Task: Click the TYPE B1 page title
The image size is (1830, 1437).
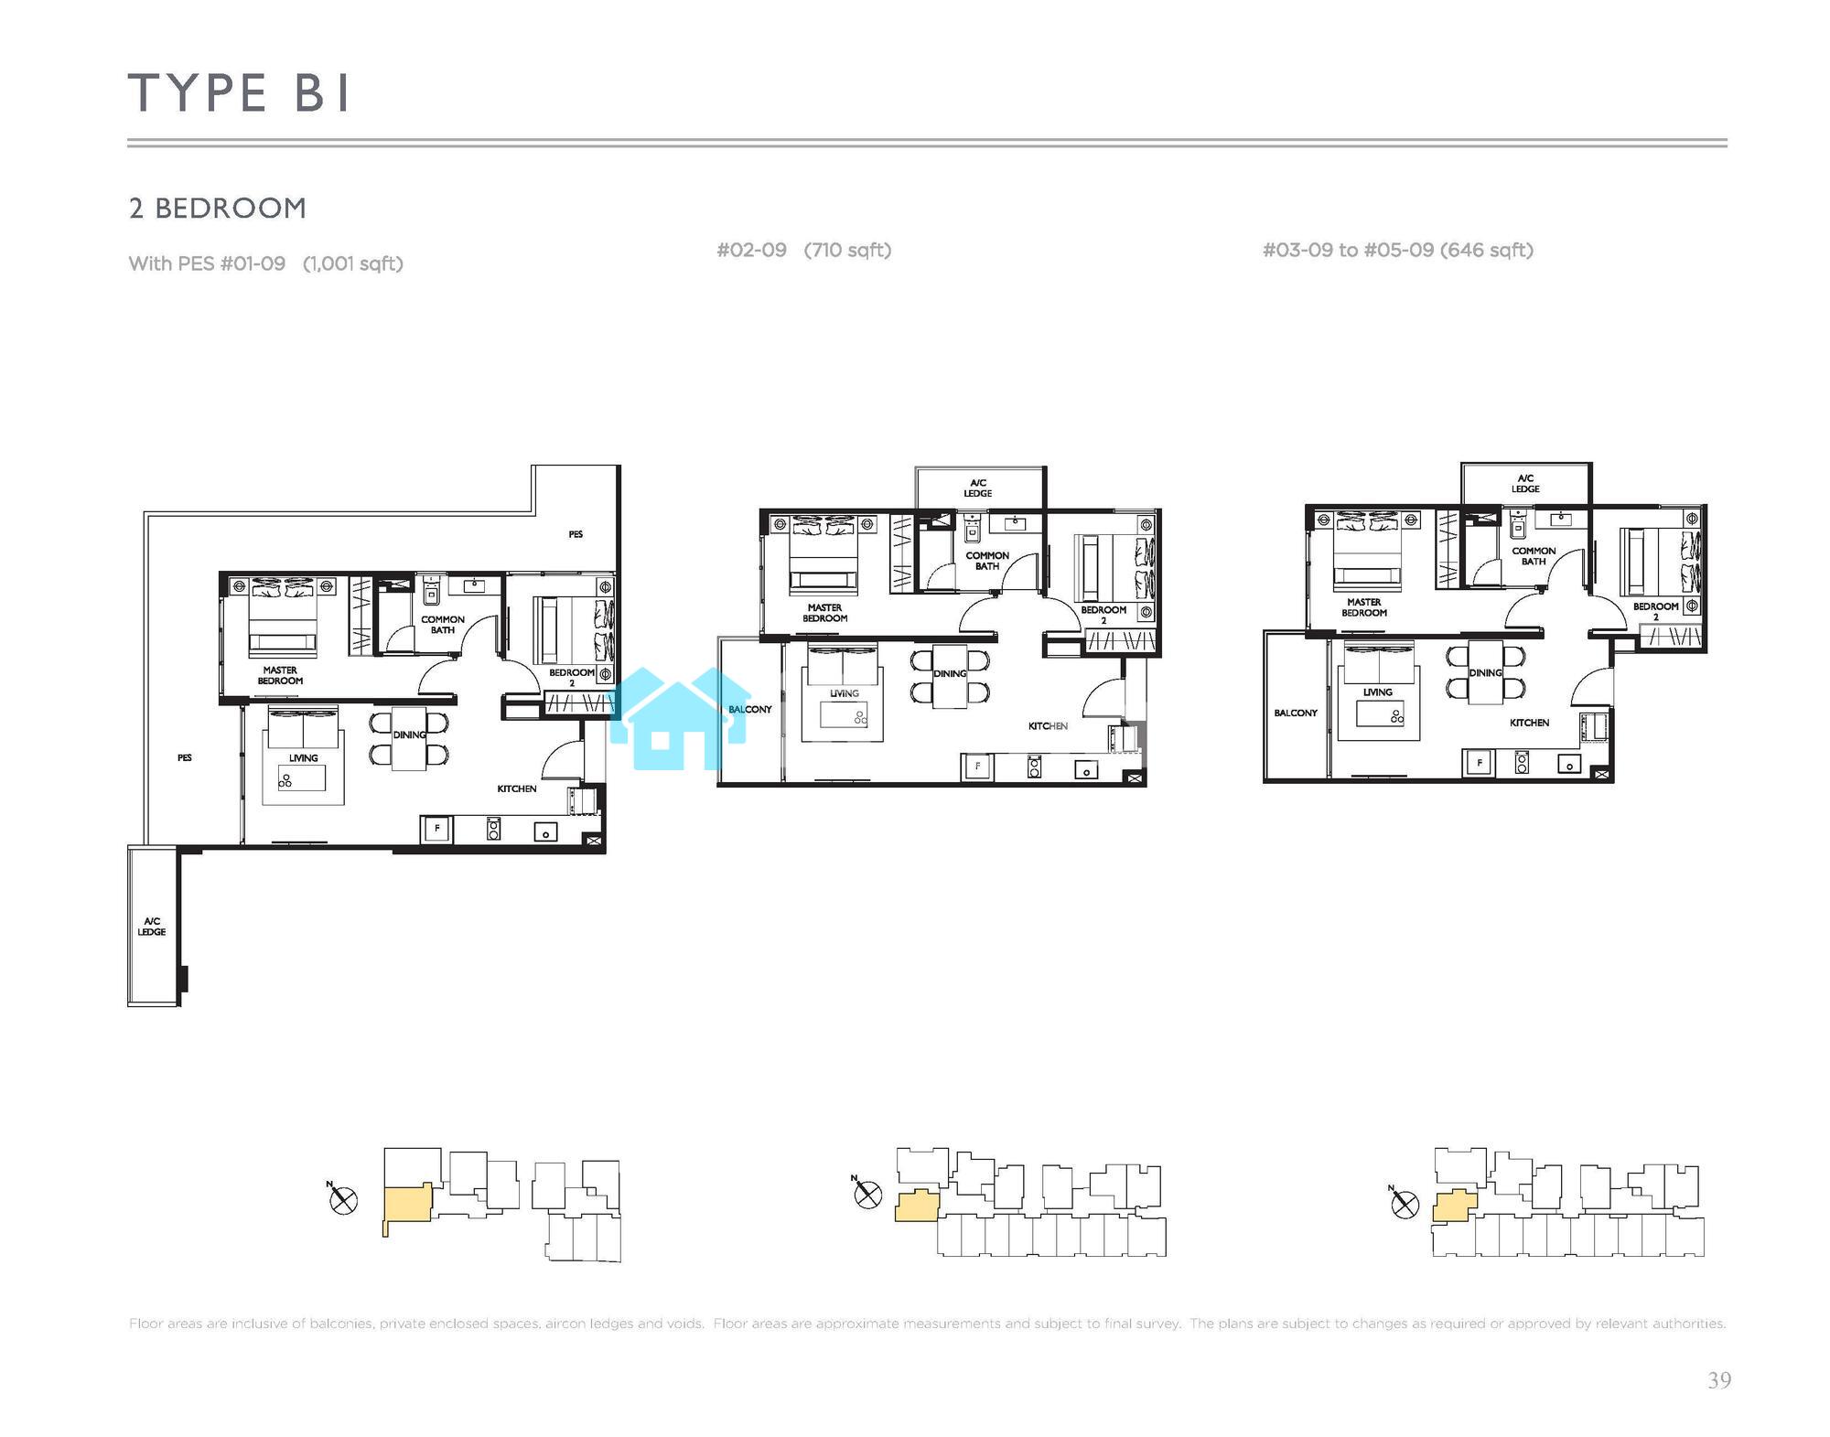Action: pos(239,92)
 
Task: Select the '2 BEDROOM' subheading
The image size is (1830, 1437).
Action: pos(218,209)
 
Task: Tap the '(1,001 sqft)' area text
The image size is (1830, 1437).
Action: pos(353,263)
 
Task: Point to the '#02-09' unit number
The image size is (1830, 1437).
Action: pos(751,250)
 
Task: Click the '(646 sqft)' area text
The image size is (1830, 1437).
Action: pos(1487,250)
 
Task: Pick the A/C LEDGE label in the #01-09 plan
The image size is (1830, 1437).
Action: pos(152,927)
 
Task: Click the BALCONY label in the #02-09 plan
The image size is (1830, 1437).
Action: pos(750,709)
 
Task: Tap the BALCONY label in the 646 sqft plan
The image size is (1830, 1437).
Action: pos(1296,713)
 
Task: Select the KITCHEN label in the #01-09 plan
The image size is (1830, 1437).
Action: pos(517,788)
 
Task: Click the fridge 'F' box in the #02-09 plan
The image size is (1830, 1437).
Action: pos(978,767)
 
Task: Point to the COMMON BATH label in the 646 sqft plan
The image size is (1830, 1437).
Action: pos(1534,556)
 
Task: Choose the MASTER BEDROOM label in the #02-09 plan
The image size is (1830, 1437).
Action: pos(825,613)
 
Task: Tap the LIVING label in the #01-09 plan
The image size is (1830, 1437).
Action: pos(304,757)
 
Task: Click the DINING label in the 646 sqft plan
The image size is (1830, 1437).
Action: pos(1486,672)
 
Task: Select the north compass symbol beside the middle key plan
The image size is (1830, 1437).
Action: pos(867,1192)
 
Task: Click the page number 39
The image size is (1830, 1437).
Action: pos(1719,1380)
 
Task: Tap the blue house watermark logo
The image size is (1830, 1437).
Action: pos(679,719)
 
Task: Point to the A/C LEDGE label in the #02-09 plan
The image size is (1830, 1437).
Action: pos(978,488)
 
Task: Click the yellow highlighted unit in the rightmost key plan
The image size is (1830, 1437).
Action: pos(1455,1206)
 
